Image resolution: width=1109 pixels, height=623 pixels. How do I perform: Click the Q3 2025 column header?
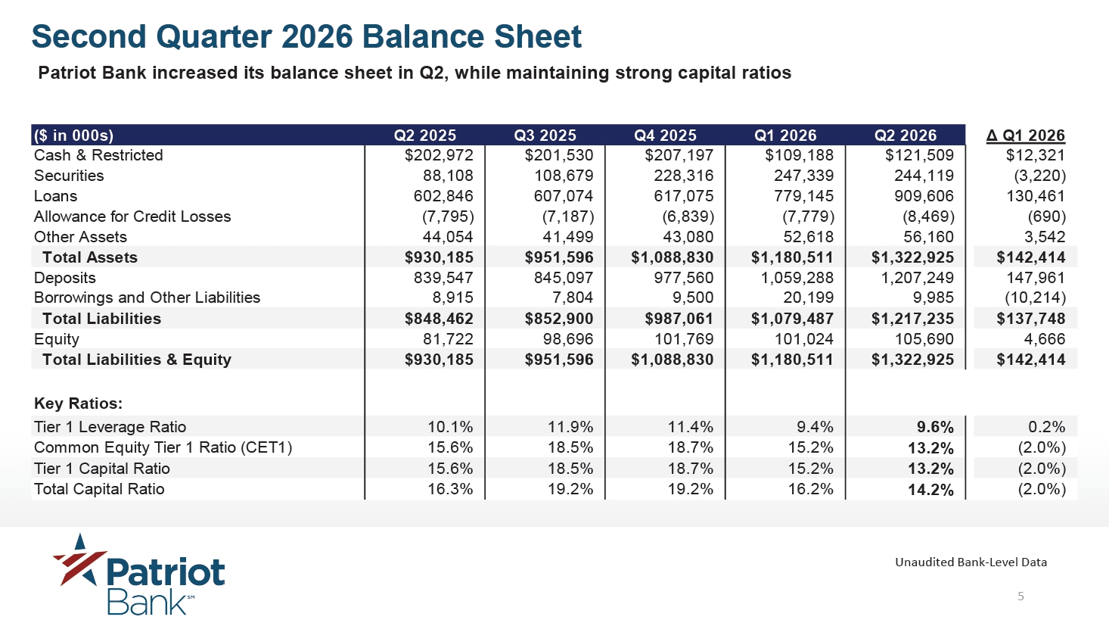545,136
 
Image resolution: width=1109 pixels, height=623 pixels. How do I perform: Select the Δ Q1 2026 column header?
1025,136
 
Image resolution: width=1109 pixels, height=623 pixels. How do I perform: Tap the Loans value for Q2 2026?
924,196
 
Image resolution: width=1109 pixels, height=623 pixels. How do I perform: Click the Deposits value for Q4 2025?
684,278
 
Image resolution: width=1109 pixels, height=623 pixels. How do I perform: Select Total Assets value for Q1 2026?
792,257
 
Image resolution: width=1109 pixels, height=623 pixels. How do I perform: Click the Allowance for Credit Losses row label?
132,216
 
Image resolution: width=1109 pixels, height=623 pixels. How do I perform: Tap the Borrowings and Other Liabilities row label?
147,297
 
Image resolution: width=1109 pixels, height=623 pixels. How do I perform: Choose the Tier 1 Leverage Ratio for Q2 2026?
935,427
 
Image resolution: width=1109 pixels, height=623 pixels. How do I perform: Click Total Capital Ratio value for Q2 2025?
450,489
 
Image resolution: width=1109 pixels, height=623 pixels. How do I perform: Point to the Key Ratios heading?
78,403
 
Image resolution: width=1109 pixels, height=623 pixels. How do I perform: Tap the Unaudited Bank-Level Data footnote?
971,562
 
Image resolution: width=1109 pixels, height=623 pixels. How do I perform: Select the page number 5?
1020,597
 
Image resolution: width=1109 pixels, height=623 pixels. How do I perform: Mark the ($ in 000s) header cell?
73,136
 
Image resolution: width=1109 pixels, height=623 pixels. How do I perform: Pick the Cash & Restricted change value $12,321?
1035,155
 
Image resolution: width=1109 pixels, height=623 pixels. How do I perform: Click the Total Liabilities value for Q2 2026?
912,319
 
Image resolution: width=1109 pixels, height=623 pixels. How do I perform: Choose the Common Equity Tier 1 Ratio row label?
163,447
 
